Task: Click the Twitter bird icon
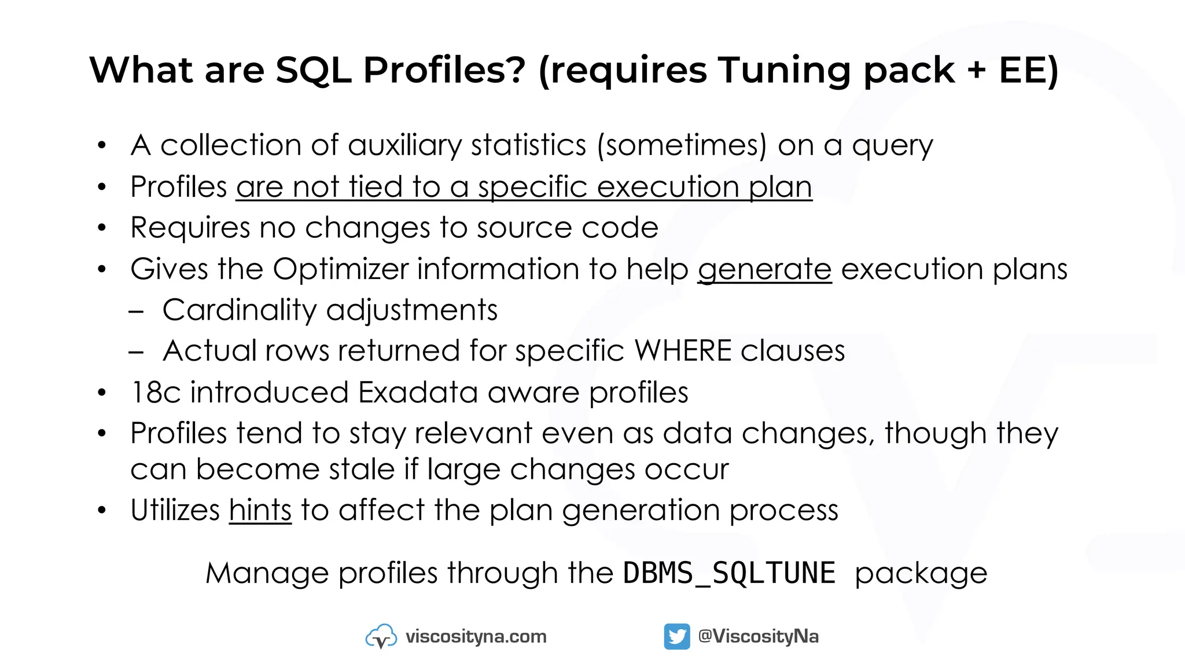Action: [x=676, y=636]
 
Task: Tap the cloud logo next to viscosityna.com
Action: [x=381, y=636]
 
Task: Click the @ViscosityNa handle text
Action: [x=758, y=636]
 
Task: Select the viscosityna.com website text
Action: [x=476, y=636]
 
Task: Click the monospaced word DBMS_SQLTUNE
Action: [x=729, y=573]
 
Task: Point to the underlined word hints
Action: [x=260, y=510]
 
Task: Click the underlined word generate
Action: [x=764, y=269]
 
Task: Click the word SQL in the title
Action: [x=313, y=70]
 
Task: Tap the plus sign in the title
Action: [x=976, y=71]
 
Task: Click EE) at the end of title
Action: [x=1028, y=70]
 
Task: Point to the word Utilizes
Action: [x=175, y=510]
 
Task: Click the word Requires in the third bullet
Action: [x=190, y=228]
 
